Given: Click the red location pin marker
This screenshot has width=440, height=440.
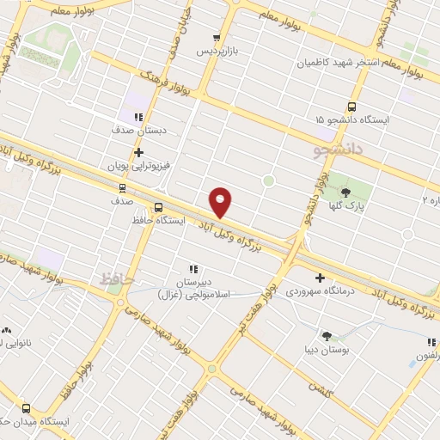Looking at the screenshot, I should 221,202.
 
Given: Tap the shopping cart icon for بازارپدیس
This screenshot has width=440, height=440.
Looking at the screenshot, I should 217,38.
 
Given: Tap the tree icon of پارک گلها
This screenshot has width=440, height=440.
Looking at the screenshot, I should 346,193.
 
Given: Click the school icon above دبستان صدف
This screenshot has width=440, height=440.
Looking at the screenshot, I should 138,117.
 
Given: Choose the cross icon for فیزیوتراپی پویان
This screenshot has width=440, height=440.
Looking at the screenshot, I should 126,152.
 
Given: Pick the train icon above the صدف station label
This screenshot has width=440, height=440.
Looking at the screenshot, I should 122,186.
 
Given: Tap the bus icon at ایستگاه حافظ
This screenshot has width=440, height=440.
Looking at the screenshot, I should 158,207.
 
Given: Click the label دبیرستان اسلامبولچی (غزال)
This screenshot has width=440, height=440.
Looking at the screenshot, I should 193,288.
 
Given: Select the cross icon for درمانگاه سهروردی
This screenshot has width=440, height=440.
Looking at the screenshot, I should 320,278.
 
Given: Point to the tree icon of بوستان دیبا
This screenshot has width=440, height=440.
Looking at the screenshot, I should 327,335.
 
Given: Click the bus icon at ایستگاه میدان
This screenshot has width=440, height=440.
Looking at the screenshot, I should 26,409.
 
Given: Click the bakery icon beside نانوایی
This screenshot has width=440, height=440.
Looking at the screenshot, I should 8,329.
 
